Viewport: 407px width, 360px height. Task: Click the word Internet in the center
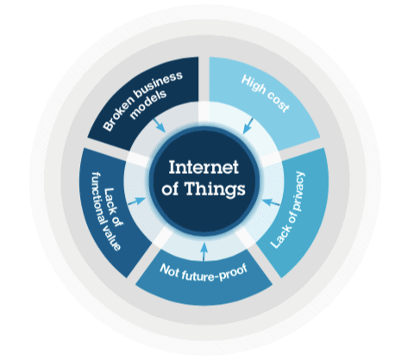pyautogui.click(x=203, y=167)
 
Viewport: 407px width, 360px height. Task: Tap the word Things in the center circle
pyautogui.click(x=215, y=189)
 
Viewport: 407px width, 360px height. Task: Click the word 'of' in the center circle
pyautogui.click(x=170, y=189)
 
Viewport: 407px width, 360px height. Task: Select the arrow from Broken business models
pyautogui.click(x=160, y=125)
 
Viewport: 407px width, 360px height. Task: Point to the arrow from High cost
pyautogui.click(x=247, y=126)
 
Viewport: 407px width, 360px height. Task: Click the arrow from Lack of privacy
pyautogui.click(x=271, y=202)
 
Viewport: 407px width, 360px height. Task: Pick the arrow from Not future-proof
pyautogui.click(x=203, y=251)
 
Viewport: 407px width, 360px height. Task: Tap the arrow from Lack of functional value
pyautogui.click(x=136, y=201)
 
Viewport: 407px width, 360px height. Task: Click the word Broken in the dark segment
pyautogui.click(x=119, y=115)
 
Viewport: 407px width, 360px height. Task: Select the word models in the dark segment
pyautogui.click(x=148, y=104)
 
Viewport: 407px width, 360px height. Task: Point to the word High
pyautogui.click(x=254, y=84)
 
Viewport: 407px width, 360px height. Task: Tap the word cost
pyautogui.click(x=278, y=102)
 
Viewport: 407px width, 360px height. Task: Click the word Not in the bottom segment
pyautogui.click(x=170, y=270)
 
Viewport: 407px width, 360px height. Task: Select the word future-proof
pyautogui.click(x=215, y=275)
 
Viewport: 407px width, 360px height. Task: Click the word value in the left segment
pyautogui.click(x=113, y=239)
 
